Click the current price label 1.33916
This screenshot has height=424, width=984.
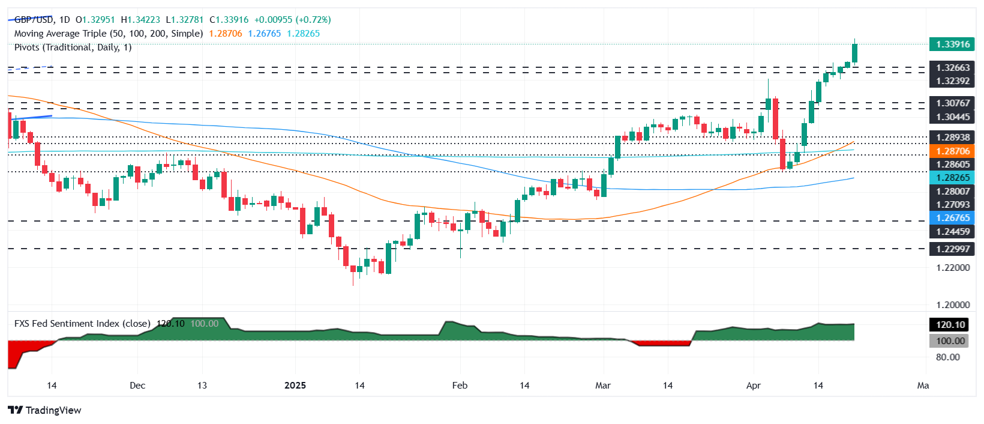coord(952,44)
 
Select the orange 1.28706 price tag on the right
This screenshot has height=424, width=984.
coord(952,151)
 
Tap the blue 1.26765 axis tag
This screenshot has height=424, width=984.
coord(952,218)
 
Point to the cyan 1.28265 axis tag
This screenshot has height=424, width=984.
coord(952,178)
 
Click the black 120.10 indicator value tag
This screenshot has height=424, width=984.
coord(950,325)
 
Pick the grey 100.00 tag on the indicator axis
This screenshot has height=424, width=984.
coord(950,341)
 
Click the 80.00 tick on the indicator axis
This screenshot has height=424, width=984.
coord(947,357)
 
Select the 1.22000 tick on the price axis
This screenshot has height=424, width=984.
coord(953,268)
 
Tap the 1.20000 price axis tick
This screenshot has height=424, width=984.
coord(953,305)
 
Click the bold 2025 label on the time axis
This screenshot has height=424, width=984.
coord(295,386)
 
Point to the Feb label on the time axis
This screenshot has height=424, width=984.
coord(460,386)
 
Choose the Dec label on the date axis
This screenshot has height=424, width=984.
coord(137,386)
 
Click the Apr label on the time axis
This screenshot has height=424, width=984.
coord(753,386)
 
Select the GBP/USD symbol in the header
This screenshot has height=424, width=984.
coord(34,20)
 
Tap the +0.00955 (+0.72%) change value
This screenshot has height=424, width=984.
coord(292,20)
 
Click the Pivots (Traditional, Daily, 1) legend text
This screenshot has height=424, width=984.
coord(73,47)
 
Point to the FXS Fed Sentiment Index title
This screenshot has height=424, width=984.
coord(82,324)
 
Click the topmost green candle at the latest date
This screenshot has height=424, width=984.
coord(854,53)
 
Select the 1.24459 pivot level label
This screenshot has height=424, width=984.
coord(953,232)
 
